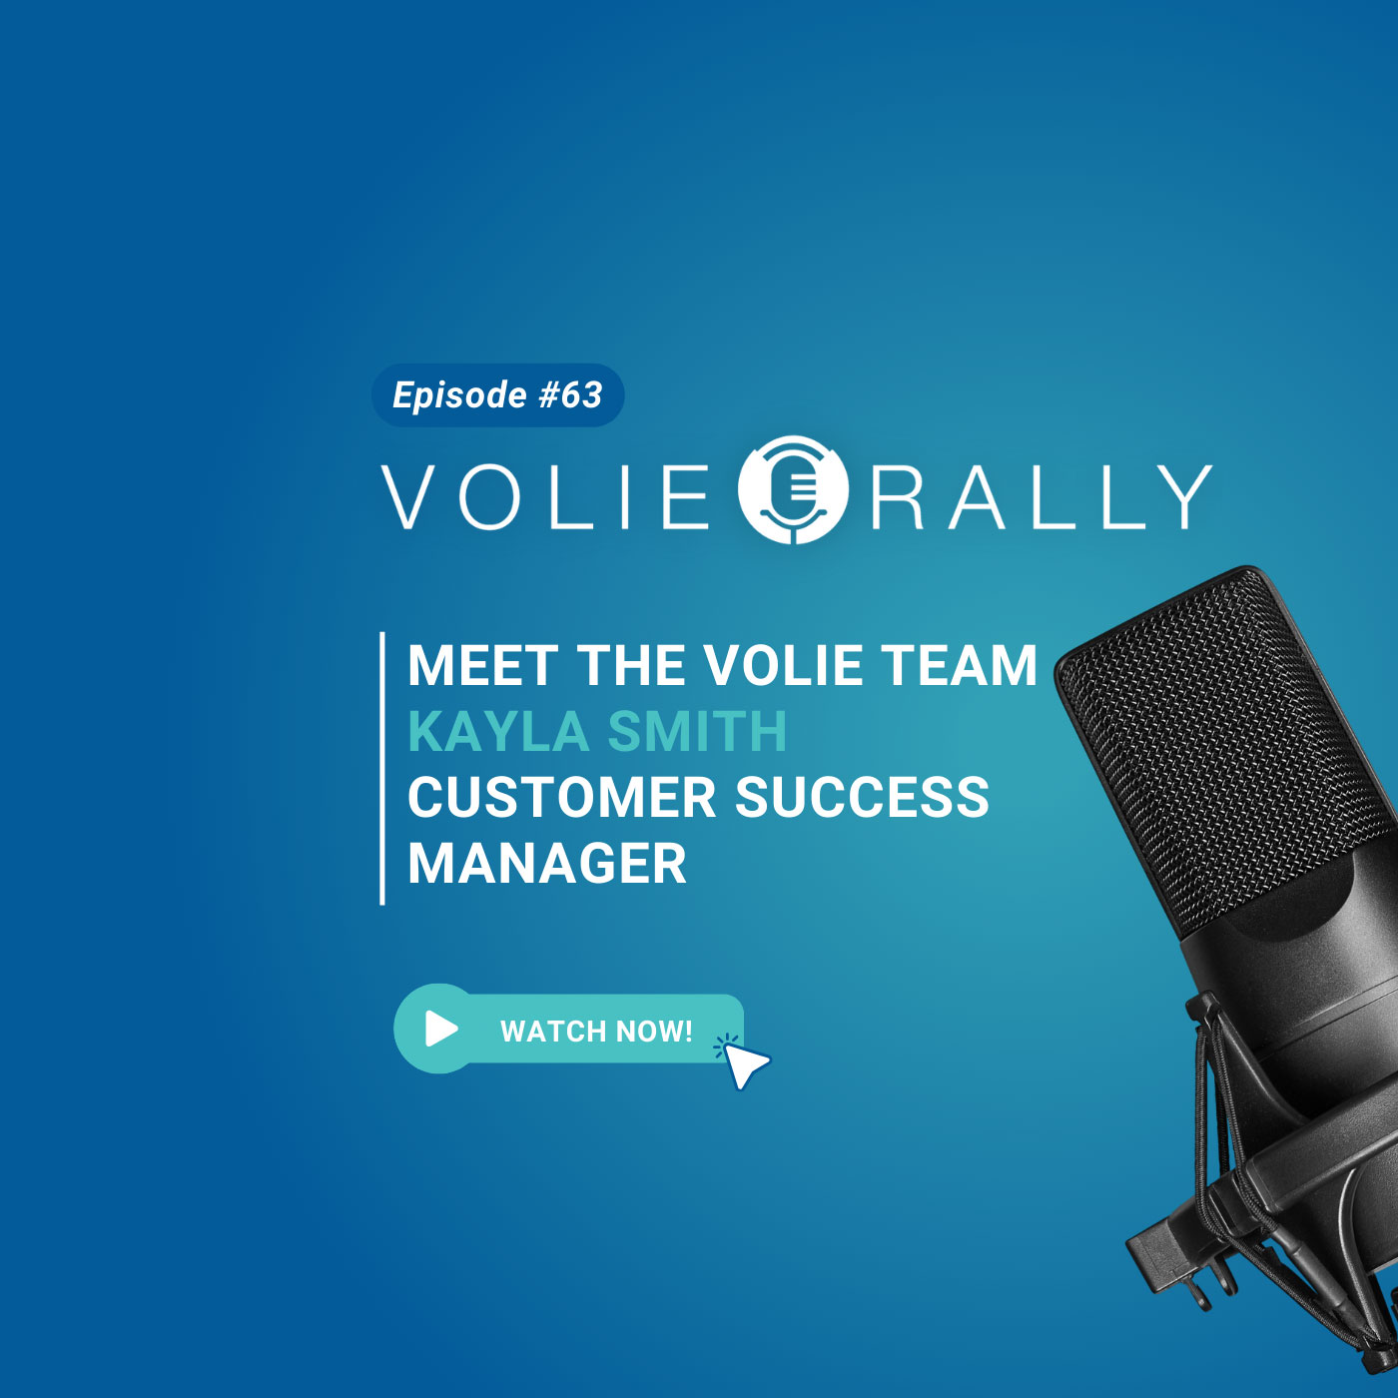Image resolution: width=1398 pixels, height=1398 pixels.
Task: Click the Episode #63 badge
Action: pos(497,395)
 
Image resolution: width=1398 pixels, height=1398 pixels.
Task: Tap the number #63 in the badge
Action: pos(570,395)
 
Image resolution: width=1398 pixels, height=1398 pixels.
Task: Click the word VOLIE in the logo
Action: pos(545,496)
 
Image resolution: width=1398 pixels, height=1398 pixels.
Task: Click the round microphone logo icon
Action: pos(793,489)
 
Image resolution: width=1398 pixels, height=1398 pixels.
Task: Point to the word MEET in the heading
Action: pos(482,666)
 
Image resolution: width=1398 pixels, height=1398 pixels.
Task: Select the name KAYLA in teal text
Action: pos(498,732)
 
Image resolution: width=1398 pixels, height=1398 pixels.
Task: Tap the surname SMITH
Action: pos(697,732)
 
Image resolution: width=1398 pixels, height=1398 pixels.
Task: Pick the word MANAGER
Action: pos(547,864)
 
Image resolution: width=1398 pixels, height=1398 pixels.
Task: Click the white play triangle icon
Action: pos(440,1029)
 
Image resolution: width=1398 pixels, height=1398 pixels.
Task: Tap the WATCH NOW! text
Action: pos(596,1032)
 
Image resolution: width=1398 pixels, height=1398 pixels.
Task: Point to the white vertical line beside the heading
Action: pos(382,768)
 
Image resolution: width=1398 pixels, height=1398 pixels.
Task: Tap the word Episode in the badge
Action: pos(459,395)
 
